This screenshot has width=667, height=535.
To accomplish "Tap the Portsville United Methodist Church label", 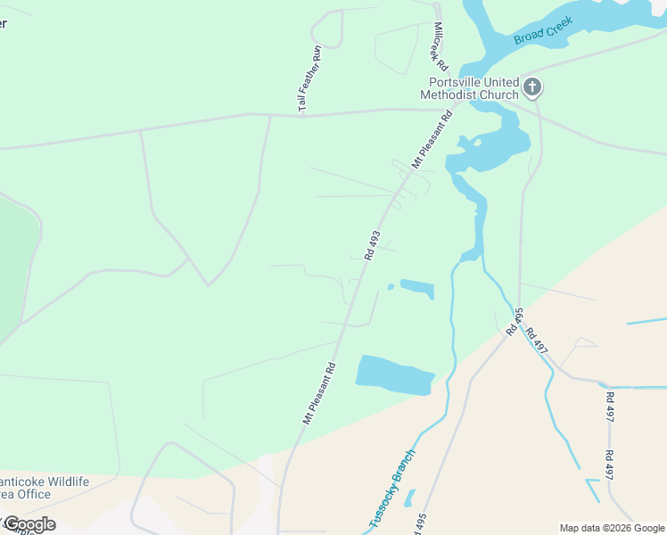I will [x=469, y=88].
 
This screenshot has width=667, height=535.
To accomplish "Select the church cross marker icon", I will [x=532, y=87].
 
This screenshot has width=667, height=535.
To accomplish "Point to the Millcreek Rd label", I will [x=437, y=43].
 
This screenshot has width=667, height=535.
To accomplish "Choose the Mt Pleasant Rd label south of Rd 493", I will [x=318, y=392].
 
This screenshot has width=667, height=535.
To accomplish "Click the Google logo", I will [x=29, y=524].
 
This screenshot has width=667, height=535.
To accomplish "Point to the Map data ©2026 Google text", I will [x=611, y=528].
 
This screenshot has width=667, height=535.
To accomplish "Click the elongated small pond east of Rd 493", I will [x=417, y=289].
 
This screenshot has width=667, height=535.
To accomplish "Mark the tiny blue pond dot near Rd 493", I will [x=391, y=287].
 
